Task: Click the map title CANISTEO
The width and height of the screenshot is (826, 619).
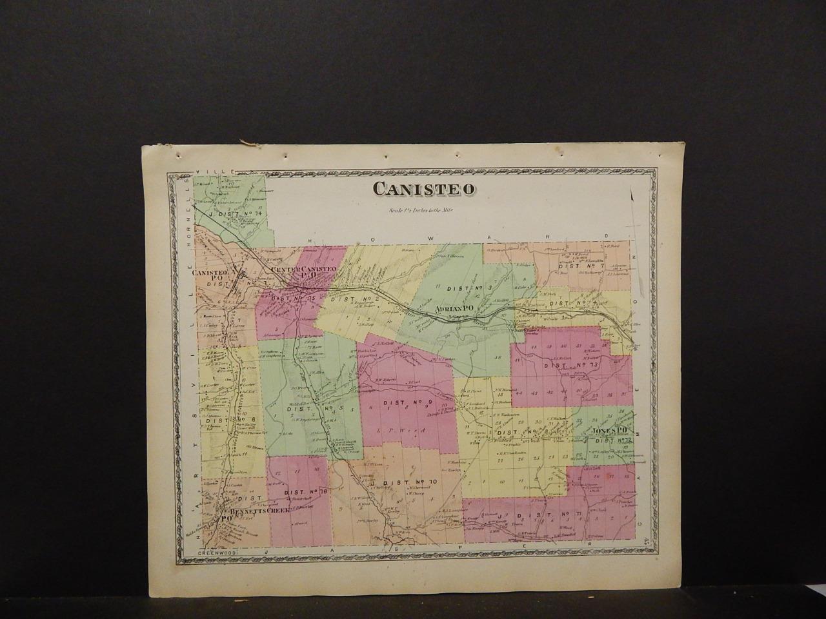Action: coord(424,188)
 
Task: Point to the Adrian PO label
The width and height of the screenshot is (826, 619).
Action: coord(454,310)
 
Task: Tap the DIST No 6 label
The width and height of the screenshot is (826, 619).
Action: coord(224,419)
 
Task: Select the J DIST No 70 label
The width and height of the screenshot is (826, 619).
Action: coord(403,482)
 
